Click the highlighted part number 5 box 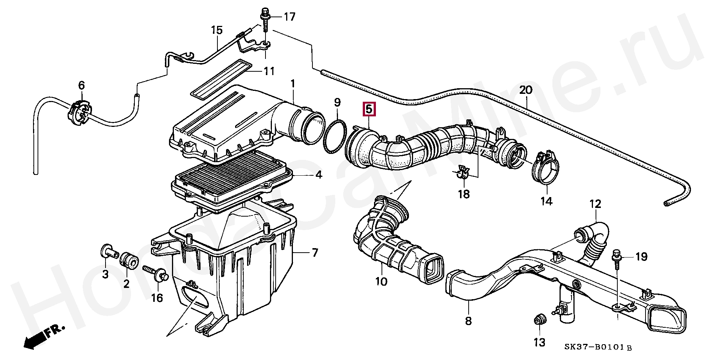coord(368,109)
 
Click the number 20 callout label coord(526,90)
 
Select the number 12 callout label coord(595,204)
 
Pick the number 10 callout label coord(381,282)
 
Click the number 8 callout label coord(468,321)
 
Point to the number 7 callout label coord(315,253)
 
